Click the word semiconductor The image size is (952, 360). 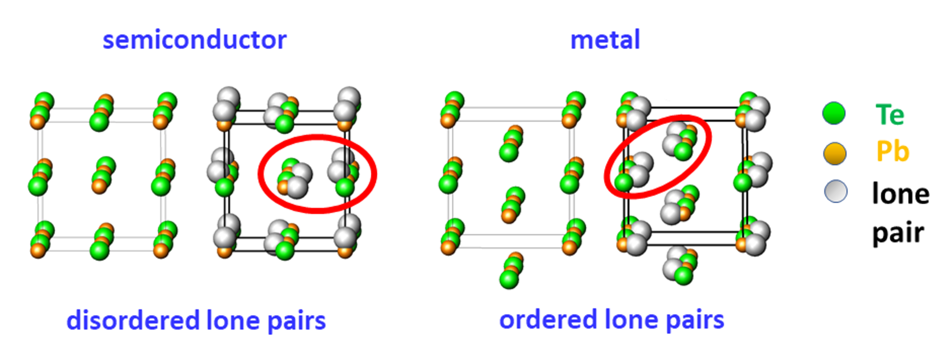point(194,40)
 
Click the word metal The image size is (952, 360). point(605,39)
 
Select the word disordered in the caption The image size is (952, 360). point(133,320)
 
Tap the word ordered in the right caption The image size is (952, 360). point(548,319)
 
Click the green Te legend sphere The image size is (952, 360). point(834,113)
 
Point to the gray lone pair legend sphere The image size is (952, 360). point(836,191)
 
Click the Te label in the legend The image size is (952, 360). point(889,115)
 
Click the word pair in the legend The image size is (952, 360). point(898,234)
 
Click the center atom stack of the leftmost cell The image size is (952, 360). point(103,175)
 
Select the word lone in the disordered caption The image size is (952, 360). point(234,320)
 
